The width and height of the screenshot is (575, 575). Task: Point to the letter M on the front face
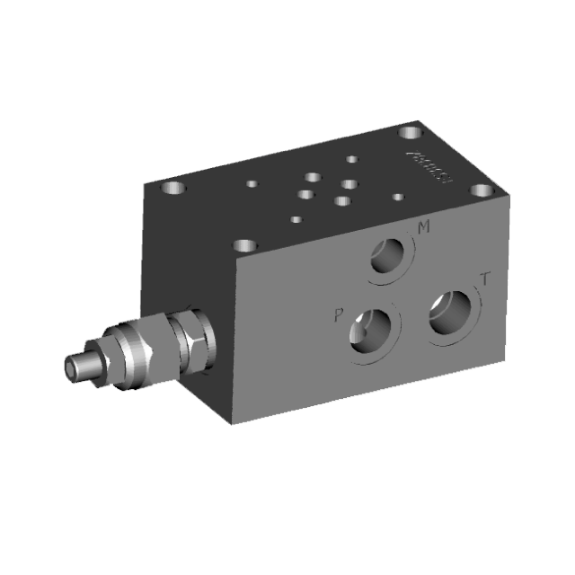pos(423,228)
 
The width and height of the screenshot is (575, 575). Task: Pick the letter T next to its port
pos(485,279)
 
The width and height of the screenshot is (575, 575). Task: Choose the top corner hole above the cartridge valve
pos(243,244)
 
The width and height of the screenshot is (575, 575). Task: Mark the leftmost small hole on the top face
pos(252,183)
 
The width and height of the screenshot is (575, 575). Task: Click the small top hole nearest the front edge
pos(296,217)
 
